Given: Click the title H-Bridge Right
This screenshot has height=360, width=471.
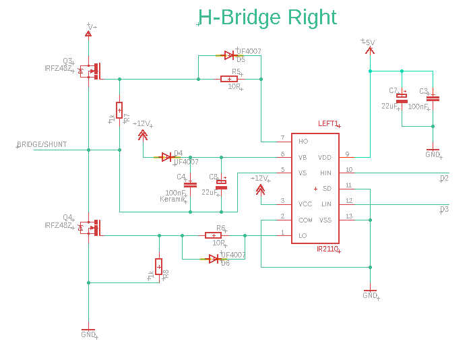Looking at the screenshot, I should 267,17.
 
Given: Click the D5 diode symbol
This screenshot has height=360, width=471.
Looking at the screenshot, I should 229,55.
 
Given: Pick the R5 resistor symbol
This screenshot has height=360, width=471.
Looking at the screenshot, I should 229,80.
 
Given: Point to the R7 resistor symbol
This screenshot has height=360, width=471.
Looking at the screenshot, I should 119,109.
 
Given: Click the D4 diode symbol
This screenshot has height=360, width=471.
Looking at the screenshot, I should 166,157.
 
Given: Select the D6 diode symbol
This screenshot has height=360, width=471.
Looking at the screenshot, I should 214,259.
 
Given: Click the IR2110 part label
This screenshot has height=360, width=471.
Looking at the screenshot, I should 327,249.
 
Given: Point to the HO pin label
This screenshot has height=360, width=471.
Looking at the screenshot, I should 303,142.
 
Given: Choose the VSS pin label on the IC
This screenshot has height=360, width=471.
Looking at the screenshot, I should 325,220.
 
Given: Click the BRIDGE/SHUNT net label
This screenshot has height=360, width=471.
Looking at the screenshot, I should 41,145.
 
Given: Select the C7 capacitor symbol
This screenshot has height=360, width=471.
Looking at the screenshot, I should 402,98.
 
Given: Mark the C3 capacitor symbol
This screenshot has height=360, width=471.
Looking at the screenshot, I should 433,98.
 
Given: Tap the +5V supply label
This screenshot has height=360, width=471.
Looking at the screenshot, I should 369,42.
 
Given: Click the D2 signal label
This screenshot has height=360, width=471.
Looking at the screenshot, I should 443,178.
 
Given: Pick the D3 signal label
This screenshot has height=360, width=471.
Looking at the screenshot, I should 443,209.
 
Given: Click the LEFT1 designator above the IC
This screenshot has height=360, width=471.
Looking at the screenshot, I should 328,124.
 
